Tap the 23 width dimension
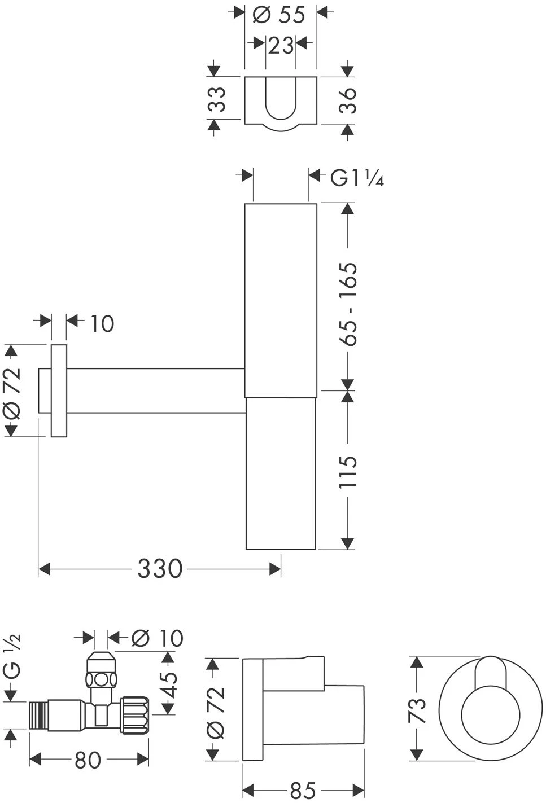[x=281, y=46]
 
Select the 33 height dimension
[x=217, y=99]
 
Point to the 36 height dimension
[x=348, y=100]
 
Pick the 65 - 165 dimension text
[x=348, y=304]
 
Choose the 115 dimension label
[x=348, y=471]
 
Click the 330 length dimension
[x=160, y=569]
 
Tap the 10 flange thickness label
[x=102, y=323]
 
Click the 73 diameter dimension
[x=417, y=710]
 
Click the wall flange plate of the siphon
[x=59, y=390]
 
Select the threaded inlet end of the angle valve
[x=38, y=716]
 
